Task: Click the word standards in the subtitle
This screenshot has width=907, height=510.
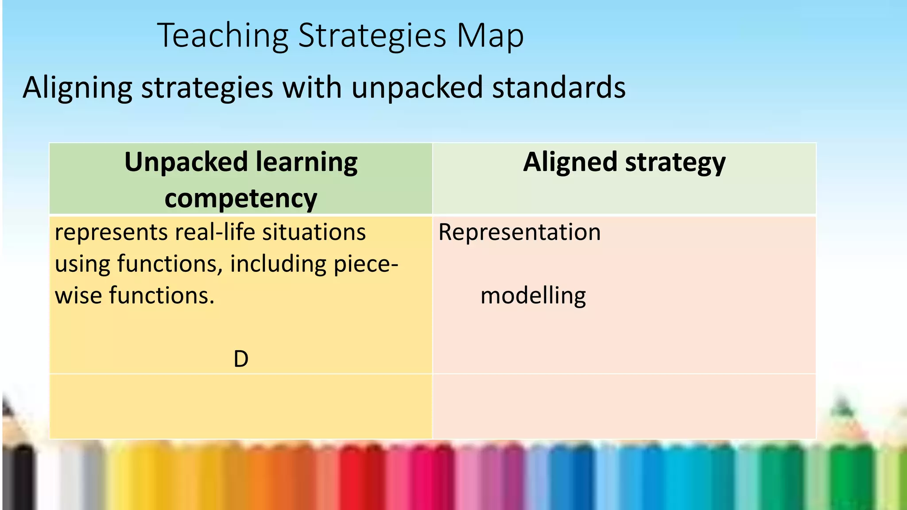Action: (x=559, y=88)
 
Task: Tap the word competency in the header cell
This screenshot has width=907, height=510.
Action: (x=241, y=198)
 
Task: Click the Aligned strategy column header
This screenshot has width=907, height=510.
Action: (x=624, y=162)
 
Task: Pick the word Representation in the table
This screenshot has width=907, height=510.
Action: (x=519, y=232)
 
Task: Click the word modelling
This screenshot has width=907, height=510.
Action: (x=533, y=295)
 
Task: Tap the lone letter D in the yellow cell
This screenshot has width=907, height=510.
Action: (x=241, y=359)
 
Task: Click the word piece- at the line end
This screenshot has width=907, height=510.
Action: (x=366, y=264)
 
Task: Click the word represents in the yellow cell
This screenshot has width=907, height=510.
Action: (x=111, y=232)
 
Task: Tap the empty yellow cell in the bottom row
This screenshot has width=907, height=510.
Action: (x=240, y=406)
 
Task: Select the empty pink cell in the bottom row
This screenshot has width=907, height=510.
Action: (x=624, y=406)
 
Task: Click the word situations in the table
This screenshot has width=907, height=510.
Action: (x=314, y=232)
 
